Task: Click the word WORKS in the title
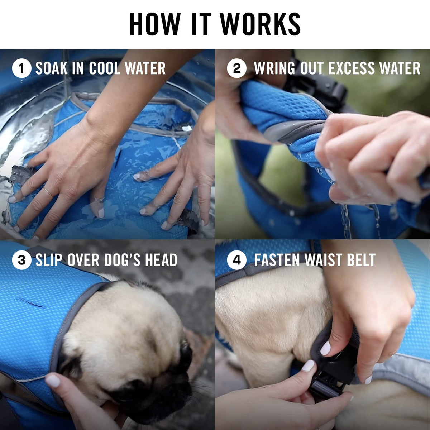[260, 24]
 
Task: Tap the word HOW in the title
[155, 24]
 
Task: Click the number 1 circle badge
[21, 68]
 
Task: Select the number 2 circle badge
[236, 68]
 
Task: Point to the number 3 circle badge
[21, 260]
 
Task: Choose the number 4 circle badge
[236, 260]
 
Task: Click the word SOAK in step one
[52, 68]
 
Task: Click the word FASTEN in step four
[277, 260]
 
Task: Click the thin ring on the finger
[49, 192]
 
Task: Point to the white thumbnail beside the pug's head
[53, 381]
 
